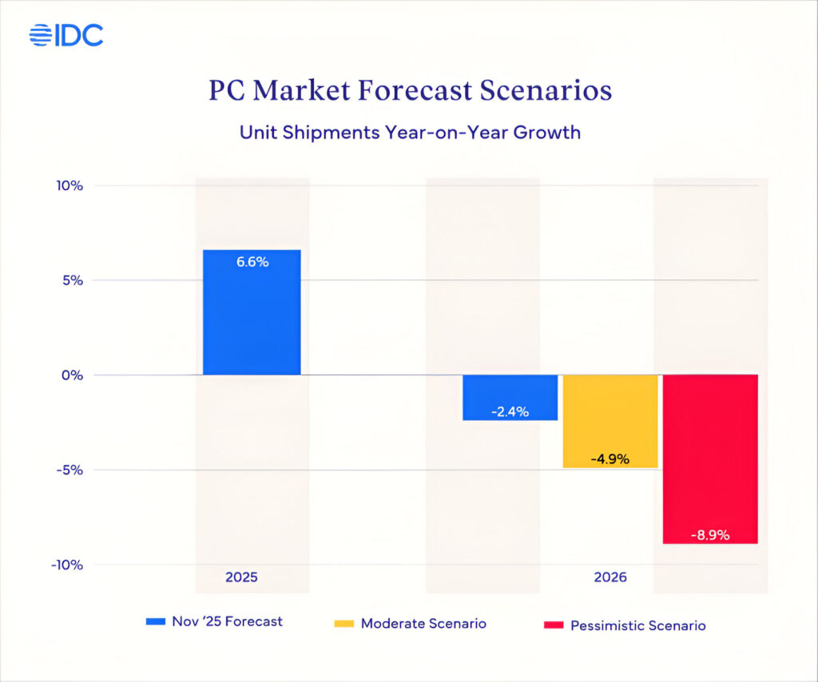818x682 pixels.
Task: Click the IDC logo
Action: click(66, 35)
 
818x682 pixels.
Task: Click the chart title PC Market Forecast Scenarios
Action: click(410, 90)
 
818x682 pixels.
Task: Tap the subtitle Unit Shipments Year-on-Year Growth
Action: click(410, 133)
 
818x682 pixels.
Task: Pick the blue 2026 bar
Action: click(510, 397)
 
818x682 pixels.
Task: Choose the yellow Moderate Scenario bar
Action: click(610, 421)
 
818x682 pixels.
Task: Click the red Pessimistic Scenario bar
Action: click(710, 458)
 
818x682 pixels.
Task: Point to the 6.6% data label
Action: click(252, 261)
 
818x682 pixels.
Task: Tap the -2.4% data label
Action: click(510, 412)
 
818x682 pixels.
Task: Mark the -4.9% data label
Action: click(610, 459)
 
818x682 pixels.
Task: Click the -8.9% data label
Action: click(710, 535)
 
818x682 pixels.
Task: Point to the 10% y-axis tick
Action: click(70, 186)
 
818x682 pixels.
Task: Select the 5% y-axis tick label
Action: click(73, 280)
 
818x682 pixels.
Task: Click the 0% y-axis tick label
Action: click(73, 375)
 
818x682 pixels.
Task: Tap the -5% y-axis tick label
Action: click(70, 470)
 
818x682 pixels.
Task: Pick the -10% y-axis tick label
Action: click(68, 565)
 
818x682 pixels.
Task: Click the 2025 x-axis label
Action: click(241, 577)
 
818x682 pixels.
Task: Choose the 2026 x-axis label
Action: click(610, 577)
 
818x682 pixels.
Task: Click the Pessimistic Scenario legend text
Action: click(637, 625)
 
